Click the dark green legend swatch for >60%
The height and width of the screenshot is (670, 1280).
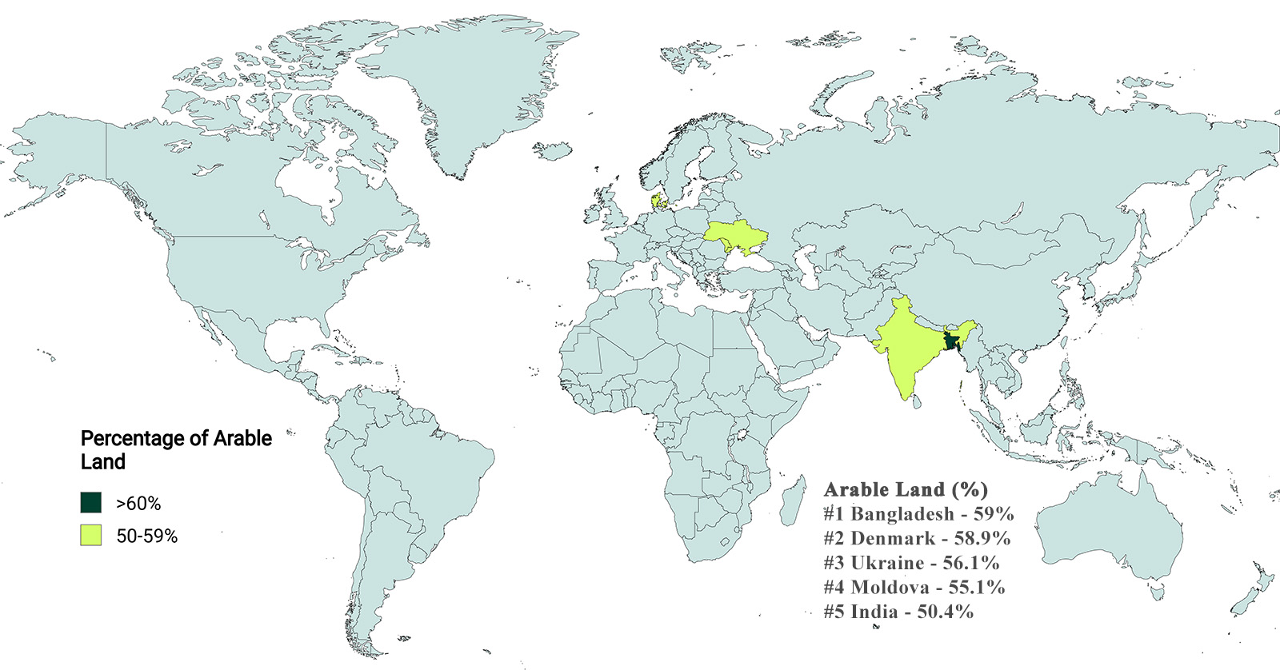click(x=90, y=503)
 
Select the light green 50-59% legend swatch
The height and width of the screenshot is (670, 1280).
click(x=90, y=536)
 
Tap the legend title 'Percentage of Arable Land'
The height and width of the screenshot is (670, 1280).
click(x=176, y=449)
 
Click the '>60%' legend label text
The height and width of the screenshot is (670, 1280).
click(x=138, y=504)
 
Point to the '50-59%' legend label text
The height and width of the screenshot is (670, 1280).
click(x=147, y=536)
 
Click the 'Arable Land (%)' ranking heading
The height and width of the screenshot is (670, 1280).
click(x=906, y=489)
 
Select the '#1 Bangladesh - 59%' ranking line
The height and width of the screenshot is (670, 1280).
click(x=918, y=514)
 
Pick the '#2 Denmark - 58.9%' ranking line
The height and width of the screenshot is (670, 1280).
click(x=917, y=538)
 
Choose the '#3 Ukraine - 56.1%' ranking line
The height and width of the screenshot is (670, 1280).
click(x=911, y=563)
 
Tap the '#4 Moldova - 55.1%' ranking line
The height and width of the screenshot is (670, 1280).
click(x=914, y=588)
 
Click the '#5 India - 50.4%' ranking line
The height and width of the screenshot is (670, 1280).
click(x=898, y=612)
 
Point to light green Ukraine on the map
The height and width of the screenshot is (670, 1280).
click(x=736, y=235)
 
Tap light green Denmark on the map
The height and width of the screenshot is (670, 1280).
click(x=657, y=202)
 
